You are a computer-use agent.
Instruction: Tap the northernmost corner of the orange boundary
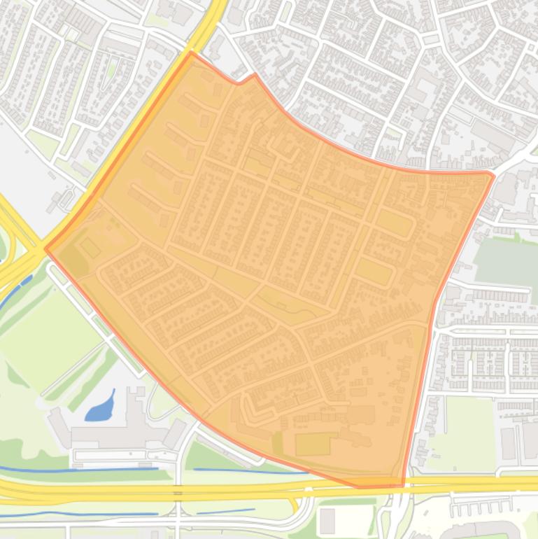pos(191,52)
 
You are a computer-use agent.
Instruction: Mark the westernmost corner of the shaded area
pos(46,248)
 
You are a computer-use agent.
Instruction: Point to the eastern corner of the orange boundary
pos(493,174)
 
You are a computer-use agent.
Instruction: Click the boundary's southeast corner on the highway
pos(403,484)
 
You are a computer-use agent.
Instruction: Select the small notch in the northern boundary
pos(239,82)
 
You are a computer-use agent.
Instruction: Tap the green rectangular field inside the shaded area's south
pos(313,444)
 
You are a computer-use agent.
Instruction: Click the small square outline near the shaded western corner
pos(90,247)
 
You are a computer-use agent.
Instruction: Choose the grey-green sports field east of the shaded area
pos(505,260)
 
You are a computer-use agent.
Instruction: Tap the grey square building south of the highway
pos(327,520)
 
